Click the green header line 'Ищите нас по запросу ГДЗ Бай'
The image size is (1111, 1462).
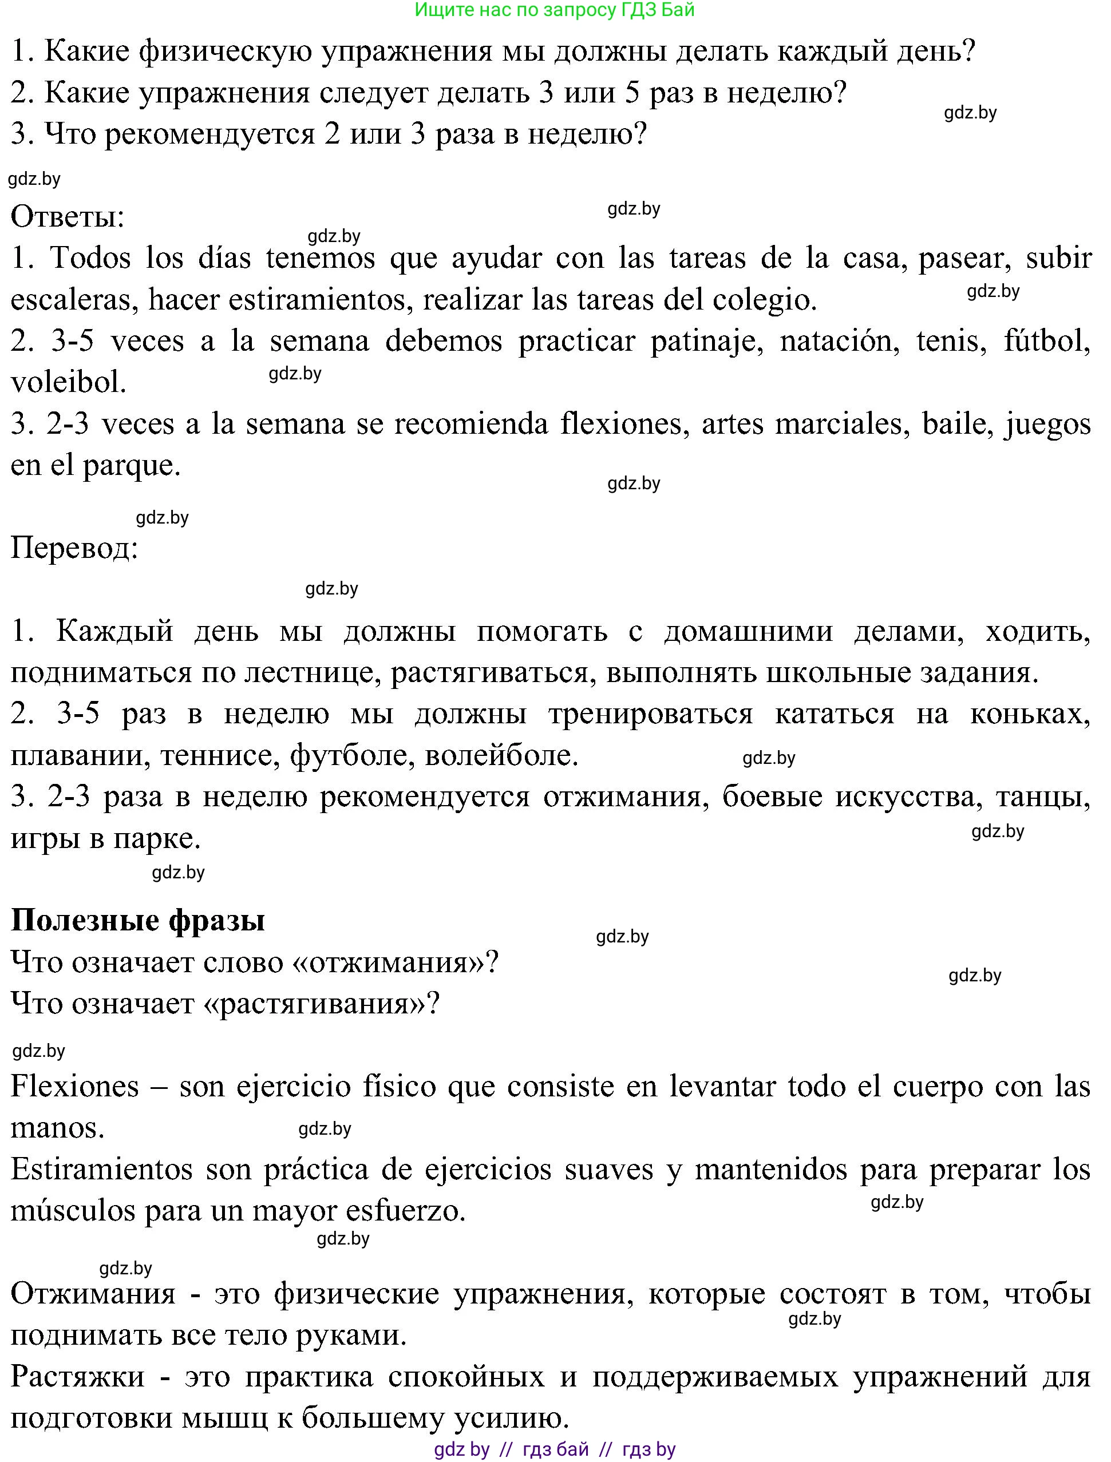pyautogui.click(x=555, y=10)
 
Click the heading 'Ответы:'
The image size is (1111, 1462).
pyautogui.click(x=68, y=216)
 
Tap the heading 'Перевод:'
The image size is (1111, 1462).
pyautogui.click(x=74, y=548)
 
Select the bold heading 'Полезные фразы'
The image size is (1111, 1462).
pyautogui.click(x=137, y=920)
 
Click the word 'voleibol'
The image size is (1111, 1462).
pyautogui.click(x=68, y=383)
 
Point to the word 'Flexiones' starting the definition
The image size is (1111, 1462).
pyautogui.click(x=75, y=1087)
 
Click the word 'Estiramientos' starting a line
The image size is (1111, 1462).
pyautogui.click(x=101, y=1169)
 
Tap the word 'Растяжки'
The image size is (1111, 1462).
pyautogui.click(x=78, y=1377)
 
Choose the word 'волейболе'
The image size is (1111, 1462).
pyautogui.click(x=501, y=755)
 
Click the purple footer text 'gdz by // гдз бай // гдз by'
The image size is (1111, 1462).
pyautogui.click(x=555, y=1449)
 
